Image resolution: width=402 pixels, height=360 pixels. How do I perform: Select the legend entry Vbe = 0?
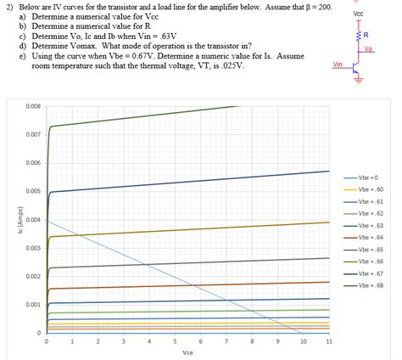(371, 177)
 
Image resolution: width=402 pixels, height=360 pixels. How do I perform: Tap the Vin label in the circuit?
(338, 64)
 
